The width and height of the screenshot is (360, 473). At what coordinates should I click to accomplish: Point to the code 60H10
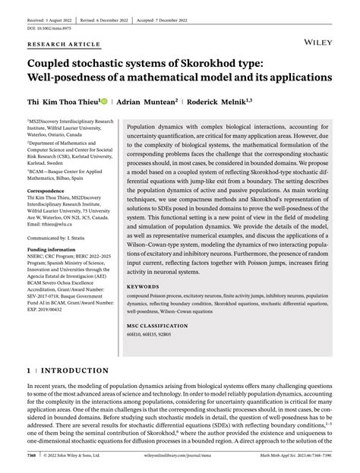click(134, 335)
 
